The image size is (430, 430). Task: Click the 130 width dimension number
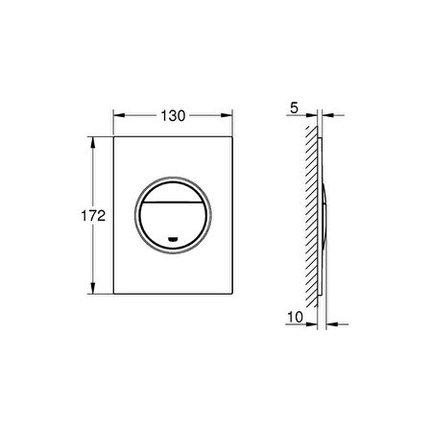173,116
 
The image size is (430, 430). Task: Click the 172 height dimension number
93,216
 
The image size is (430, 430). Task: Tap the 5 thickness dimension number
294,108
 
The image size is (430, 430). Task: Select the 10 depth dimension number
295,318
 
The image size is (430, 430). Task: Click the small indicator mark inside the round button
173,239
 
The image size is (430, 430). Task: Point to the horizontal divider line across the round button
173,203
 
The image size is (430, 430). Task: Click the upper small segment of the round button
173,193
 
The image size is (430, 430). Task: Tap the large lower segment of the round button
173,224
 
